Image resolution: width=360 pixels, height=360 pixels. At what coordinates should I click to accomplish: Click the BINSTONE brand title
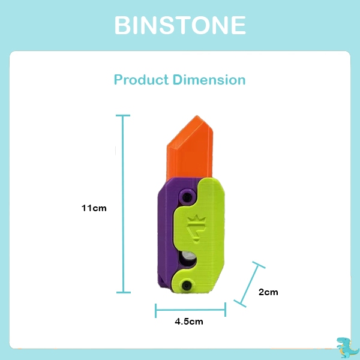click(180, 26)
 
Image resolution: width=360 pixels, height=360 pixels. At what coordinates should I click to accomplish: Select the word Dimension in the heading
click(209, 80)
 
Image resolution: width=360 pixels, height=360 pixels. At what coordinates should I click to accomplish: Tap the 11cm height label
click(94, 208)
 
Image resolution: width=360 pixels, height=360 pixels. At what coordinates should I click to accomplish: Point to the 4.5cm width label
click(189, 322)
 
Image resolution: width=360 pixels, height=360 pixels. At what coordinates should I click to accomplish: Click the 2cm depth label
click(268, 292)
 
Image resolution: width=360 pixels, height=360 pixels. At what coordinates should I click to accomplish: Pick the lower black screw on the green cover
click(188, 286)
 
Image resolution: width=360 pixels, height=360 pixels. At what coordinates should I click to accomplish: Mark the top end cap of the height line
click(123, 116)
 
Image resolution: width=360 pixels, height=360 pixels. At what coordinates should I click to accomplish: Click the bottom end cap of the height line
click(123, 292)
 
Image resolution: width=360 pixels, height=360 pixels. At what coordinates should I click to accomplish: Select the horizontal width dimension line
click(190, 310)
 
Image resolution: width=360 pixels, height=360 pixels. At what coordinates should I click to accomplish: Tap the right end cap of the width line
click(225, 310)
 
